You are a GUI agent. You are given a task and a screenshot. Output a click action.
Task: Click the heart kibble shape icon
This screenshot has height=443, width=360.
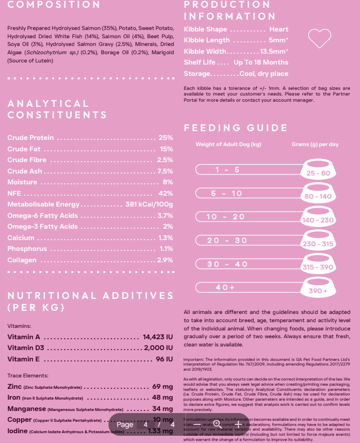click(x=319, y=37)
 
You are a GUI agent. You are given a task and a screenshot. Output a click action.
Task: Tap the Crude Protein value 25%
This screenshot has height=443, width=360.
click(x=166, y=138)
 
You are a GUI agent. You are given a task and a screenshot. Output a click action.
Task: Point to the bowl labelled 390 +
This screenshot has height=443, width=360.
click(x=318, y=290)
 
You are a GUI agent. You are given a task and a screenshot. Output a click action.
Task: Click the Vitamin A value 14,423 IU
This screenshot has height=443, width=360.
click(x=158, y=337)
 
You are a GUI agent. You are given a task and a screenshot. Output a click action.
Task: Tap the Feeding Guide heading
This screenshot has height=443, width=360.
click(x=236, y=128)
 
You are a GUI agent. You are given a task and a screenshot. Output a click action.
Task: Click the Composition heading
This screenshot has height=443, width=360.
click(x=54, y=5)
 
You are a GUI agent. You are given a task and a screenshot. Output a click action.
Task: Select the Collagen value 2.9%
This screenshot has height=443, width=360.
click(x=165, y=260)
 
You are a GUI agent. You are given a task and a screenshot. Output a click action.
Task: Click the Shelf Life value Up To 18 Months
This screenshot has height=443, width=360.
click(x=261, y=62)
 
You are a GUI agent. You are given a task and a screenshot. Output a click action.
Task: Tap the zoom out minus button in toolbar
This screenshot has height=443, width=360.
click(x=197, y=424)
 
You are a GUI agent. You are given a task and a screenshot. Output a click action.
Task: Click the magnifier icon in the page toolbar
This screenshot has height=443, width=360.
click(x=217, y=424)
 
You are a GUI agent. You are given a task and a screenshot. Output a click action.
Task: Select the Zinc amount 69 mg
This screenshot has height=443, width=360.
click(x=163, y=387)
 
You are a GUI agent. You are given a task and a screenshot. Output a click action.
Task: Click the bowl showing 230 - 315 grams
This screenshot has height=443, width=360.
click(x=318, y=242)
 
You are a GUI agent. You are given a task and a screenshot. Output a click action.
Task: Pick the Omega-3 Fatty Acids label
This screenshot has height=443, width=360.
click(x=42, y=227)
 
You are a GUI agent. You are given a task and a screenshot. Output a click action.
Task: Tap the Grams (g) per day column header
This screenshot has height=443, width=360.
click(x=315, y=145)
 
